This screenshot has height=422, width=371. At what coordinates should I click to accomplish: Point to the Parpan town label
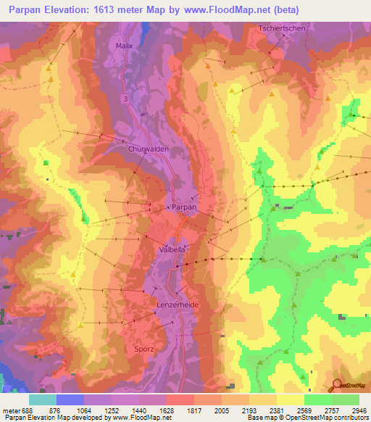183,207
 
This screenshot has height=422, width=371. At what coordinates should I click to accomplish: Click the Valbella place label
172,249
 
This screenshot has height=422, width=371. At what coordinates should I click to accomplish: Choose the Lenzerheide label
177,306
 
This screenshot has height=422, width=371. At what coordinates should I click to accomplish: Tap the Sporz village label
145,349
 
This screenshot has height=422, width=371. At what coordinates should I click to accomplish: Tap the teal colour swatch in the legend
43,400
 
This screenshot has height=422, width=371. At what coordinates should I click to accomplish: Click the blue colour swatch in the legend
70,400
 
